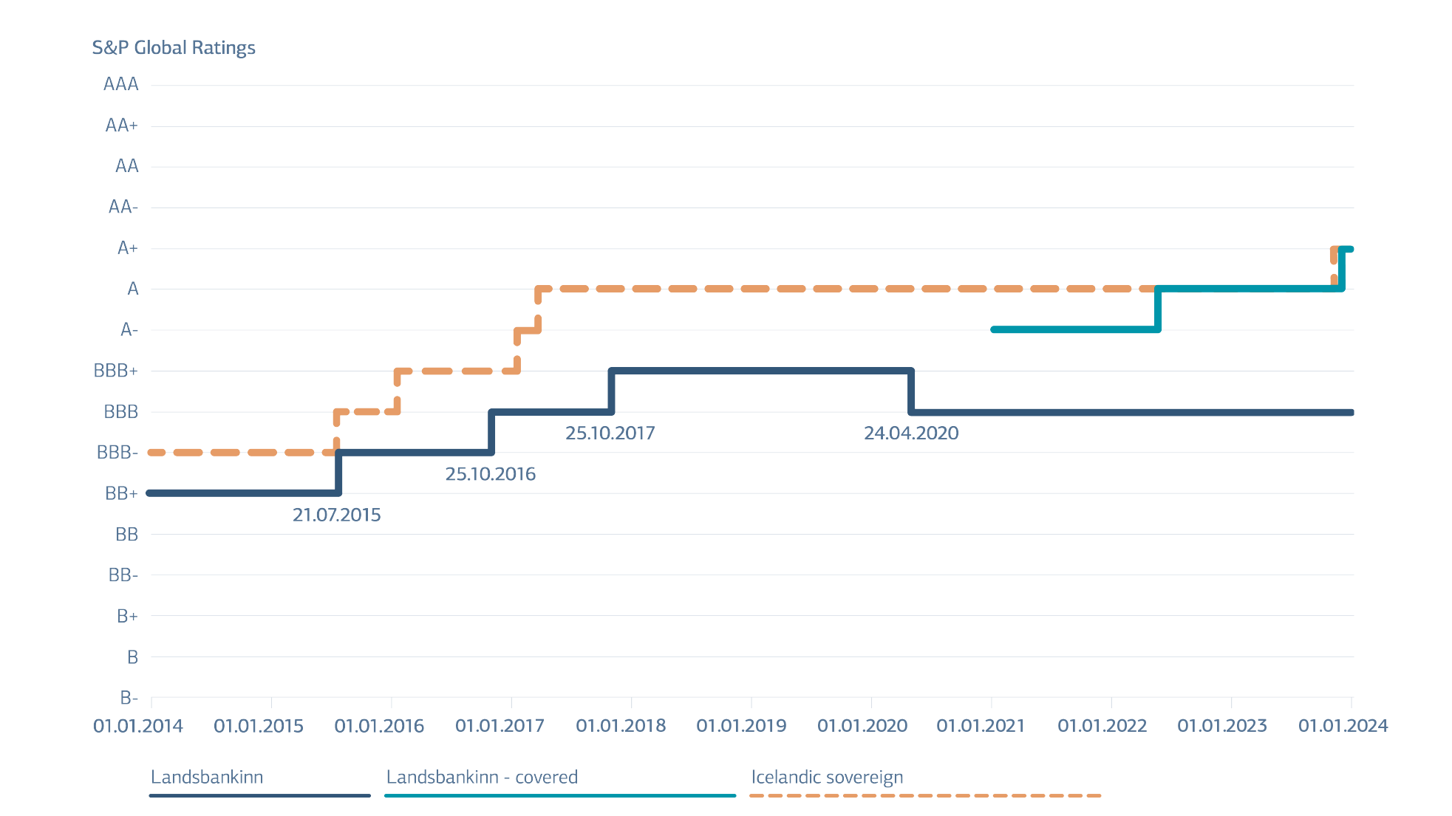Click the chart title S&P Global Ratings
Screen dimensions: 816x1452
(174, 48)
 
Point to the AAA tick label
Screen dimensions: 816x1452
(121, 84)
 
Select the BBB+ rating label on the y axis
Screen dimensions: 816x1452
(116, 371)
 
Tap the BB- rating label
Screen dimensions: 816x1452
(123, 575)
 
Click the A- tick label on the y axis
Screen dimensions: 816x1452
(129, 329)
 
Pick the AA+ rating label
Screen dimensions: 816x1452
(121, 126)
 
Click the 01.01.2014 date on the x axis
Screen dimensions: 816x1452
(138, 726)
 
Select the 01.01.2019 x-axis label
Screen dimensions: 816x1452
(741, 726)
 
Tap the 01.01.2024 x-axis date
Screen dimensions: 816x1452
(1343, 726)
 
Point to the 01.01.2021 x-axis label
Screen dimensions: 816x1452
(981, 726)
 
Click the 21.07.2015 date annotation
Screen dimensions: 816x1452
(337, 515)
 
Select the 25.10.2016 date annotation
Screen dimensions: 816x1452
(491, 474)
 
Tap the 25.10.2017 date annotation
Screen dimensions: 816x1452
(610, 433)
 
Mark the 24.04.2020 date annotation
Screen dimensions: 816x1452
(912, 433)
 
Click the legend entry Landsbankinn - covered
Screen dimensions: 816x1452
(482, 777)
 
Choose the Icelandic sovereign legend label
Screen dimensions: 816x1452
(827, 777)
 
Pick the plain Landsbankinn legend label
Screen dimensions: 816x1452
(207, 777)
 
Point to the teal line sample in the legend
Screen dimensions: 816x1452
(560, 795)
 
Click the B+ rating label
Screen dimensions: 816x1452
(128, 616)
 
